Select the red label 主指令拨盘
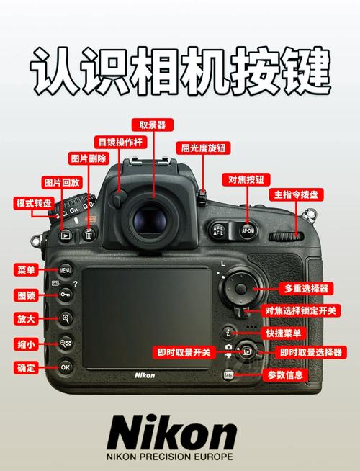tap(296, 194)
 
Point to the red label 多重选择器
tap(306, 288)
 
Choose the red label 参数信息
tap(286, 374)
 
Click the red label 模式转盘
tap(34, 204)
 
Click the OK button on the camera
tap(66, 367)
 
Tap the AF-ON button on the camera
tap(248, 231)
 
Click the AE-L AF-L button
tap(219, 231)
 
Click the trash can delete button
tap(89, 234)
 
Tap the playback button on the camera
tap(66, 235)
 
